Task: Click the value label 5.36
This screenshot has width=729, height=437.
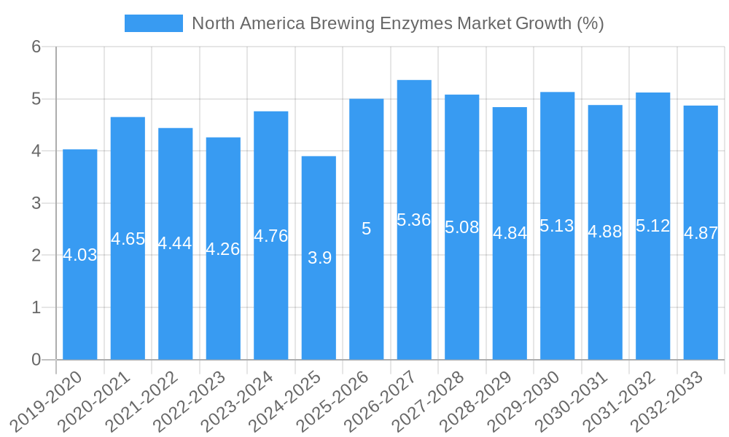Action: point(414,220)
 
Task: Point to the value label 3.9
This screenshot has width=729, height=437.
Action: point(319,258)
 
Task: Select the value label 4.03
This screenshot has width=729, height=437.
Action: point(80,255)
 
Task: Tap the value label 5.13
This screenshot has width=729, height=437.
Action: point(557,226)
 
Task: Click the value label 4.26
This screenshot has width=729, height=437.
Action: point(223,249)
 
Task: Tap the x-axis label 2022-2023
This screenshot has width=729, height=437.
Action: point(191,401)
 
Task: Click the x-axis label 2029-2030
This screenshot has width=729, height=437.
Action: point(525,401)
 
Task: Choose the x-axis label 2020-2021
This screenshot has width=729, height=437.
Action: point(95,401)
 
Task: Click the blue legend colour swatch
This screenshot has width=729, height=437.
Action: point(154,23)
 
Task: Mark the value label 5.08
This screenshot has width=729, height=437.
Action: point(462,227)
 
